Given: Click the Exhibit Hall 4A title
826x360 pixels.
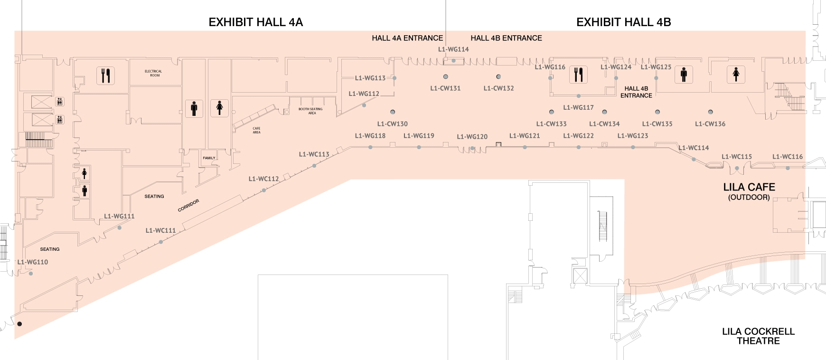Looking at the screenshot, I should pos(255,22).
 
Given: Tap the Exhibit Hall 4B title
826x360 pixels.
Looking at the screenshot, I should pos(623,22).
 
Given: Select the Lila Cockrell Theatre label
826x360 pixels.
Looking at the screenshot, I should pos(758,336).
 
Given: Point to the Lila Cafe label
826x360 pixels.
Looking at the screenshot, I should pos(749,188).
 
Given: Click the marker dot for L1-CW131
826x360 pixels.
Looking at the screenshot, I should pos(446,76).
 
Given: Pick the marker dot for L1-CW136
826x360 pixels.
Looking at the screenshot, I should pos(710,112).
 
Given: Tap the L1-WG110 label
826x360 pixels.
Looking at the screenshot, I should pos(33,262).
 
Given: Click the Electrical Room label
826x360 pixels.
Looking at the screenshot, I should pos(153,73).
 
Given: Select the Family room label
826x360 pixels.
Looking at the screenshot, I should pos(209,158).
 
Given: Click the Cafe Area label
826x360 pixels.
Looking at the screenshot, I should pos(256,130).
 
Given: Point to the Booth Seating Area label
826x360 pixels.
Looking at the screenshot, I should pos(310,111).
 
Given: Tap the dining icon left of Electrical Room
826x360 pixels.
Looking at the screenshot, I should pos(106,76).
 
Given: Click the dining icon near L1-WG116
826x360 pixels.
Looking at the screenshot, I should pos(578,75).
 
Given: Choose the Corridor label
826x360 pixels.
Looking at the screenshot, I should pos(188,205).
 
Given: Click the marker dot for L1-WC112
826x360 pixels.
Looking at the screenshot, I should pos(264,190).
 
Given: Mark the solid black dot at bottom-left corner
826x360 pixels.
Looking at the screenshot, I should pos(19,324).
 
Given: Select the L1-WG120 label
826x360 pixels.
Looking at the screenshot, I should pos(472,137).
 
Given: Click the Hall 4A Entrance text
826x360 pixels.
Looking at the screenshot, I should pos(407,38).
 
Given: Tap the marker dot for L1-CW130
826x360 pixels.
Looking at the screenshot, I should pos(393,112).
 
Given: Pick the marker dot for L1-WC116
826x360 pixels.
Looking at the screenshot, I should pos(788,169).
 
